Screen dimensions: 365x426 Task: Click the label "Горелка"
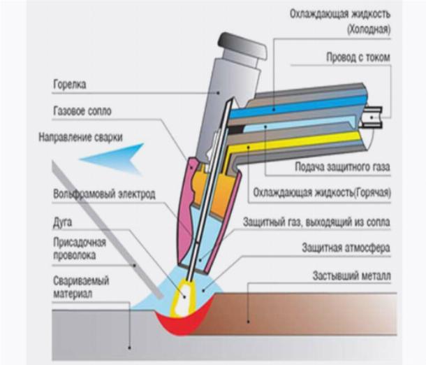click(70, 86)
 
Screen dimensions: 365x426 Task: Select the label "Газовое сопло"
click(82, 111)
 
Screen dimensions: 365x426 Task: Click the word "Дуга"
click(64, 220)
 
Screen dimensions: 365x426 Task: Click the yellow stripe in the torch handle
click(307, 143)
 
